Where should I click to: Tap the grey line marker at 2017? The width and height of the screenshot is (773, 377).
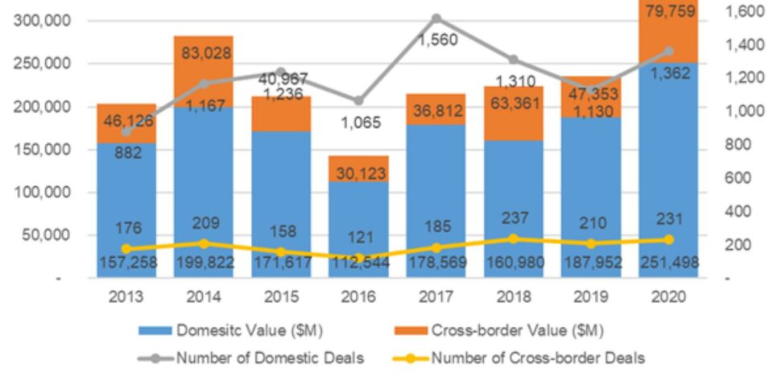[436, 18]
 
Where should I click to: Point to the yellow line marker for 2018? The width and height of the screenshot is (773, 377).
[514, 238]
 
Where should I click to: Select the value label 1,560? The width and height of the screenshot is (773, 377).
[436, 39]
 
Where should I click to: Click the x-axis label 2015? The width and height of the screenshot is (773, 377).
[281, 297]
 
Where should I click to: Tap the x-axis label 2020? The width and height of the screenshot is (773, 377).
[668, 297]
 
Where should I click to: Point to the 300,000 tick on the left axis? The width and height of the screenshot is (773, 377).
[39, 19]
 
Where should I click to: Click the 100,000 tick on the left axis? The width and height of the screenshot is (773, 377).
[39, 192]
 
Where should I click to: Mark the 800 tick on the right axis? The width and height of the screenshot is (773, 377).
[739, 145]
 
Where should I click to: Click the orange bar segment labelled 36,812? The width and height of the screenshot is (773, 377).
[436, 110]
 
